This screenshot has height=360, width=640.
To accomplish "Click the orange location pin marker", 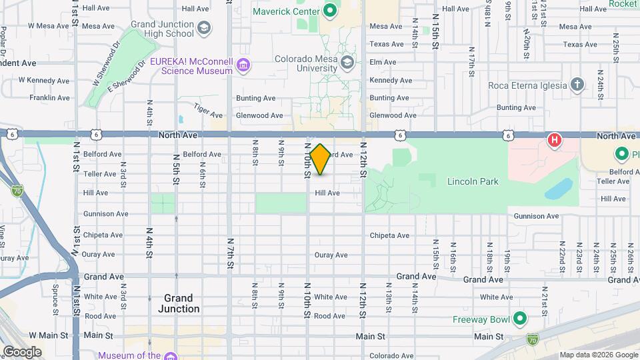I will (320, 159).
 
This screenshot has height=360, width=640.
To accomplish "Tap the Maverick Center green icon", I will (329, 10).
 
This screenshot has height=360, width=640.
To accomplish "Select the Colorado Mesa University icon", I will (347, 62).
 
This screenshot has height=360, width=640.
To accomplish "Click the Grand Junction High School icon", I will (204, 27).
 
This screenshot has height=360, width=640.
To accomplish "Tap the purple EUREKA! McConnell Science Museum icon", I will (244, 65).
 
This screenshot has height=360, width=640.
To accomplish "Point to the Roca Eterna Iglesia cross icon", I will (577, 85).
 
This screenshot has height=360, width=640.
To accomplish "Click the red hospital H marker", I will (553, 140).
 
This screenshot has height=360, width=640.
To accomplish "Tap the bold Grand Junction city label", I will (179, 303).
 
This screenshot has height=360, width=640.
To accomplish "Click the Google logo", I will (21, 351).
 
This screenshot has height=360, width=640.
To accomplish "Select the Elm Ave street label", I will (383, 62).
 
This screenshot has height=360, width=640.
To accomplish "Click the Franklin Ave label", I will (49, 98).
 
